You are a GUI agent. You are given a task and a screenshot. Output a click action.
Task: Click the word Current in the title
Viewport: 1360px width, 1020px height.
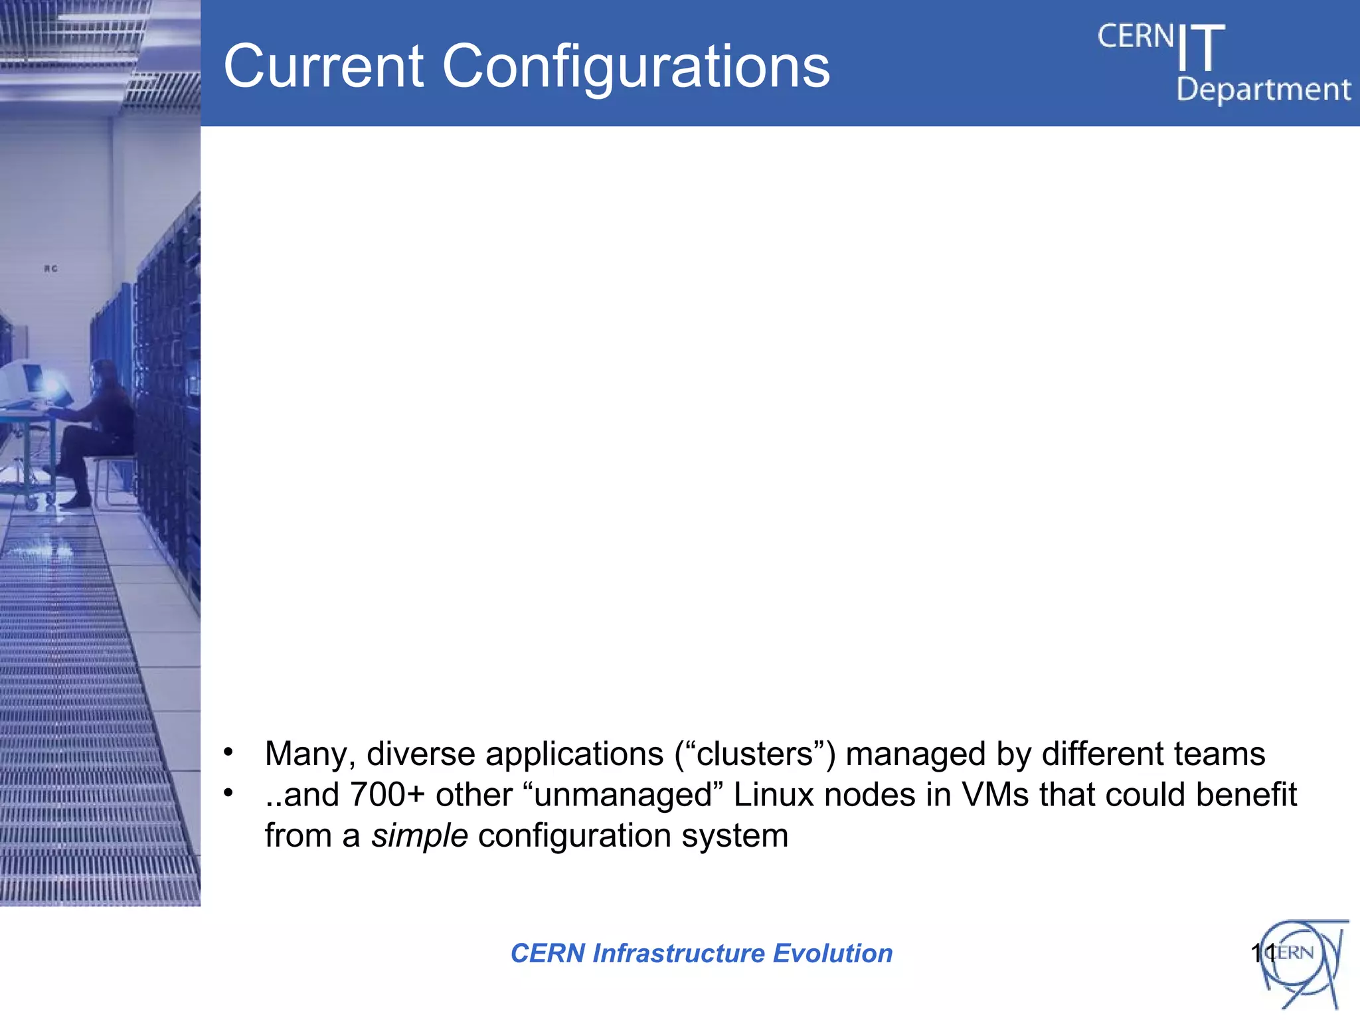[x=323, y=66]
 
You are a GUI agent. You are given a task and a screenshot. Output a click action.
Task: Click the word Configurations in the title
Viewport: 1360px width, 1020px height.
[x=636, y=68]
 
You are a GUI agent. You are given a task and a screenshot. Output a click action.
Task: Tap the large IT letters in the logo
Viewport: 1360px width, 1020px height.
[x=1201, y=48]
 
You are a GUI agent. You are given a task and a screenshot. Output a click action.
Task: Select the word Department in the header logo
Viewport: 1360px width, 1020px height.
[x=1263, y=90]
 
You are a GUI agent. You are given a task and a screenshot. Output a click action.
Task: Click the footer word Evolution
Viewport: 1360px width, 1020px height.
[x=833, y=954]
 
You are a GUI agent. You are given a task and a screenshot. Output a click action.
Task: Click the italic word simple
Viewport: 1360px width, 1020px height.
[x=419, y=835]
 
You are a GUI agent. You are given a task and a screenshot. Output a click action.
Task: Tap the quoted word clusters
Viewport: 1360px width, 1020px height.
[x=755, y=754]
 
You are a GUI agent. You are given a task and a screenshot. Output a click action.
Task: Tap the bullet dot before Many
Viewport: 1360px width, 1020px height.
[x=228, y=752]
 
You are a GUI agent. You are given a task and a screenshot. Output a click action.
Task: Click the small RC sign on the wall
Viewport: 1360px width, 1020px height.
[x=51, y=269]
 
